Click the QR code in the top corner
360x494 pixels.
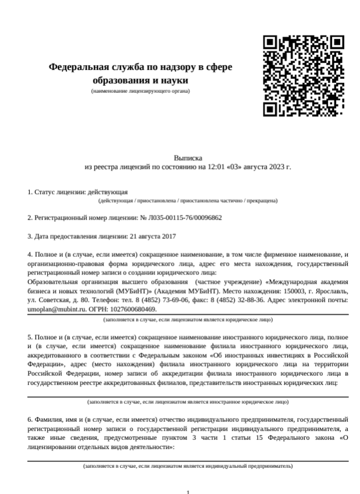(303, 75)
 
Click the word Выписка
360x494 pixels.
(187, 158)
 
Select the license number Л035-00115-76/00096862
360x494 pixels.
(186, 218)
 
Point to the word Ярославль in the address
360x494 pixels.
(331, 290)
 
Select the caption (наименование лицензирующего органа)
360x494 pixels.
(140, 91)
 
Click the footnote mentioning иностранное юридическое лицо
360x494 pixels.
(187, 402)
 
